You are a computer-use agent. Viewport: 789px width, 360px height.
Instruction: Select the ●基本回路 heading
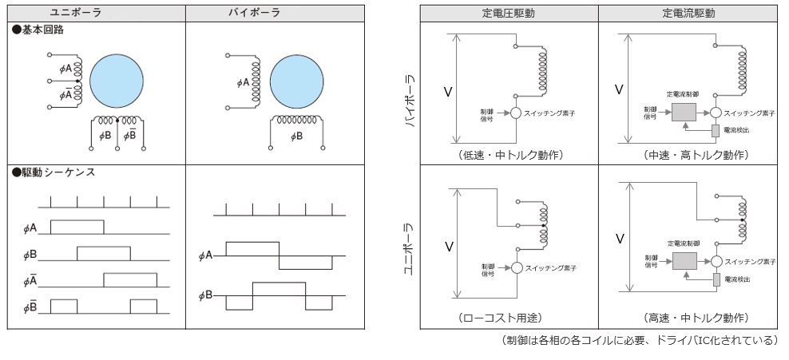coord(38,30)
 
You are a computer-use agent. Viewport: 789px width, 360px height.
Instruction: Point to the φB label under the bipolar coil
coord(296,136)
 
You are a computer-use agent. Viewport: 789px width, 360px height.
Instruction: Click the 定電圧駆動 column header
coord(509,14)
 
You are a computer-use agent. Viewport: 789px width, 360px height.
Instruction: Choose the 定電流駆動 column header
coord(688,14)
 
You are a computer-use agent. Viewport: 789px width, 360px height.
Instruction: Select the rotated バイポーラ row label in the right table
coord(410,101)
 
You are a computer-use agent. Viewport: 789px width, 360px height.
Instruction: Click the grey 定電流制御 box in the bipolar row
coord(684,113)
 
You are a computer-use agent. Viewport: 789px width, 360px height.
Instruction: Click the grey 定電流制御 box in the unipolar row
coord(684,261)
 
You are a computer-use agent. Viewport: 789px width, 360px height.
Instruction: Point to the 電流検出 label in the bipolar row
coord(736,129)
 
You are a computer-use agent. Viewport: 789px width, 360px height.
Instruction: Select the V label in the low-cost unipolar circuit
coord(449,247)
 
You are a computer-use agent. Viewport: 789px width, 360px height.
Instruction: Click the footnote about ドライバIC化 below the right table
coord(639,341)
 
